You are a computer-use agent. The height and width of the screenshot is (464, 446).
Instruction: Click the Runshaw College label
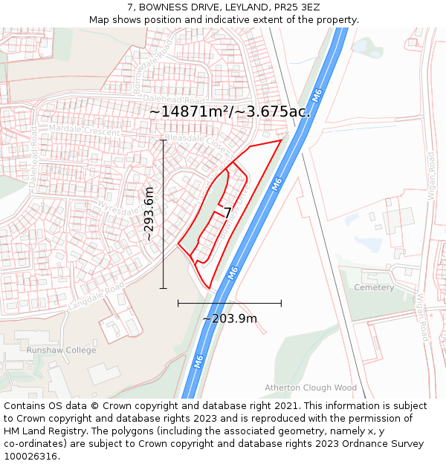click(x=61, y=350)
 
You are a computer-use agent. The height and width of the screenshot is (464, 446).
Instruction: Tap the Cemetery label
click(x=374, y=287)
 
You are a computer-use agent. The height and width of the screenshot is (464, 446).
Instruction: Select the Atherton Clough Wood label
click(x=311, y=388)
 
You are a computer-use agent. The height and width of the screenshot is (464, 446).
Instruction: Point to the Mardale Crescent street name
click(x=83, y=130)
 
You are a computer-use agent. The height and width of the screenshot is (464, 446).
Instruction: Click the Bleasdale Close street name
click(x=195, y=139)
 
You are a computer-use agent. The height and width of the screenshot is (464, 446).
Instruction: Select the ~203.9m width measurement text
click(x=230, y=318)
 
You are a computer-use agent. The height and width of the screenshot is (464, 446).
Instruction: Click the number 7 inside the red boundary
click(x=228, y=213)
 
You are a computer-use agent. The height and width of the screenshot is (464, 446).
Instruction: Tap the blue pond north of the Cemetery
click(x=368, y=243)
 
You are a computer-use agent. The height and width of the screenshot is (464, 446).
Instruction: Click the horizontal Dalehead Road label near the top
click(x=174, y=100)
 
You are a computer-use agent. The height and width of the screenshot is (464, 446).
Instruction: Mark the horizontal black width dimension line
click(x=230, y=303)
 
